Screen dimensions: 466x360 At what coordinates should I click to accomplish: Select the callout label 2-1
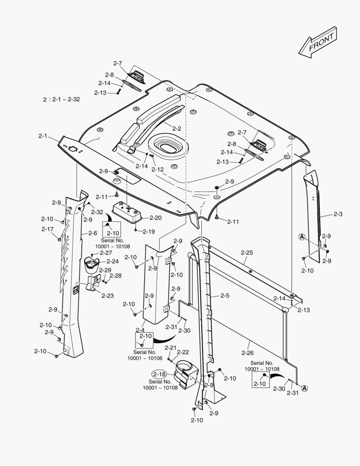coord(42,136)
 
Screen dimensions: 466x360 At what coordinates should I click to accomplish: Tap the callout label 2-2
coord(176,128)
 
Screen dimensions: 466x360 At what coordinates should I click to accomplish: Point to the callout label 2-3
coord(338,214)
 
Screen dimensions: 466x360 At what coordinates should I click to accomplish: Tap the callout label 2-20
coord(156,218)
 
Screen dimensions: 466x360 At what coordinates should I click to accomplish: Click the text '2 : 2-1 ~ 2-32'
coord(61,99)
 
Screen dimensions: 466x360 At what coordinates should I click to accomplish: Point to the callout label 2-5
coord(225,296)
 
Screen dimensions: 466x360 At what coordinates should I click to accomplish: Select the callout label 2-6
coord(93,233)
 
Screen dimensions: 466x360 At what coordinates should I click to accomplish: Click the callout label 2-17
coord(47,229)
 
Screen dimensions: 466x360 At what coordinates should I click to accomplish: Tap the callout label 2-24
coord(113,261)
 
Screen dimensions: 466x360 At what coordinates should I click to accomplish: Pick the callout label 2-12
coord(157,169)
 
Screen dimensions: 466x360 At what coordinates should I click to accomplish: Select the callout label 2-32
coord(97,212)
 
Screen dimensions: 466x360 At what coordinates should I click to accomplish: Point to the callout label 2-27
coord(106,253)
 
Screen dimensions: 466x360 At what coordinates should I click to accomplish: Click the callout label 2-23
coord(108,295)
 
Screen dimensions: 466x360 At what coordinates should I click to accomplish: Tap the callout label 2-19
coord(148,231)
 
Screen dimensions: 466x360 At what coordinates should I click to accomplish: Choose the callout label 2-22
coord(183,352)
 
